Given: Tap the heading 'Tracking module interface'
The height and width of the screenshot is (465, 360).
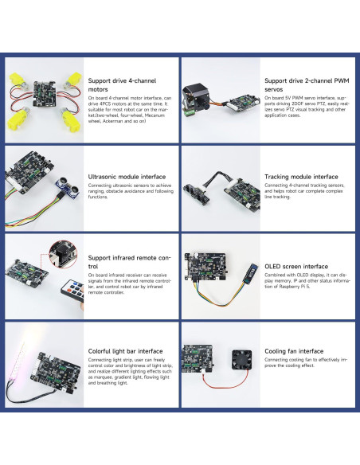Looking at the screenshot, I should [302, 177].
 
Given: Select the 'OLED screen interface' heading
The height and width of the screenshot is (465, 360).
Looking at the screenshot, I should [295, 267].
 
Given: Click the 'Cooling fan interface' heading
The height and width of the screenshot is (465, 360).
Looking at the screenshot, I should [294, 350].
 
